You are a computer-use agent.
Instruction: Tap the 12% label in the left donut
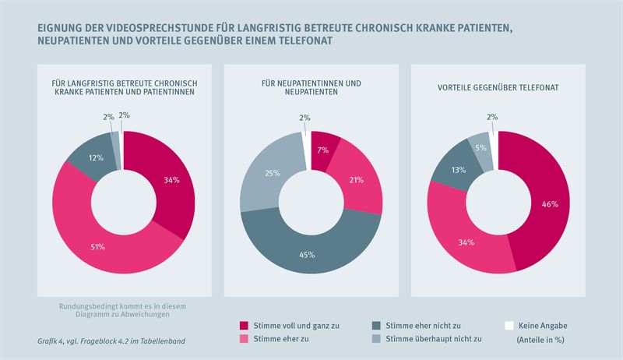tap(97, 158)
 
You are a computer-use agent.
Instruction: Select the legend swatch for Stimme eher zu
tap(243, 339)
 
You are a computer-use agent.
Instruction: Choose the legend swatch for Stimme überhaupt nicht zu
tap(375, 339)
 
